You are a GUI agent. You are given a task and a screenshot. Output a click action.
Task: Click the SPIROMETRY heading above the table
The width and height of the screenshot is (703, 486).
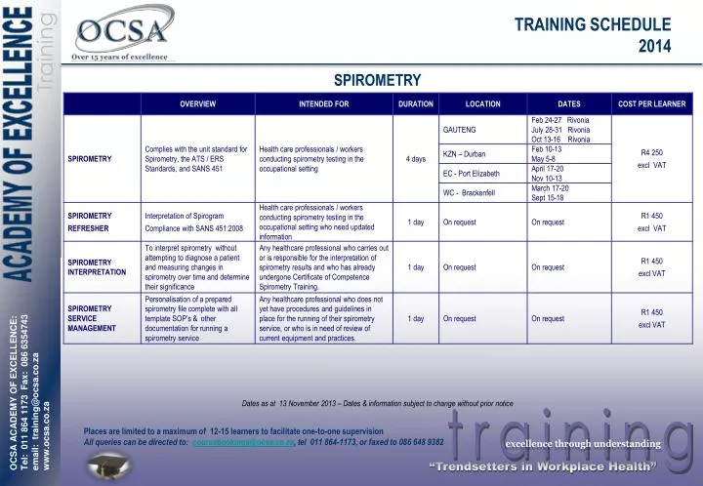coord(377,79)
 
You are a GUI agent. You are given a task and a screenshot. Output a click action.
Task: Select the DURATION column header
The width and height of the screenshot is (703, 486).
coord(415,104)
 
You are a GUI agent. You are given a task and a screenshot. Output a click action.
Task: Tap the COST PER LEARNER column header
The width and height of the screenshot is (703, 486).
coord(651,104)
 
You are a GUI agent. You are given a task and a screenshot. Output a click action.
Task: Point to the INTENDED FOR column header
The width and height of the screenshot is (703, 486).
coord(323,104)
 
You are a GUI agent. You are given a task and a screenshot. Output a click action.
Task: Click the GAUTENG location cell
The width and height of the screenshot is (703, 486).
coord(459,130)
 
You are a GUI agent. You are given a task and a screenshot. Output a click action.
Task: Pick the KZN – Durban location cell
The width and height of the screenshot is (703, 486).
coord(464,154)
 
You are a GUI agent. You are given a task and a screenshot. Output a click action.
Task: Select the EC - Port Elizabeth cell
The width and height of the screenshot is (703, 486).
coord(471,174)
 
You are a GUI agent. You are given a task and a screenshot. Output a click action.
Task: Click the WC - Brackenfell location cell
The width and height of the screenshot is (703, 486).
coord(469,192)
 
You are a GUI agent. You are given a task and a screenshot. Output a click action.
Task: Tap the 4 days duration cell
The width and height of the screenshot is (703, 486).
coord(415,159)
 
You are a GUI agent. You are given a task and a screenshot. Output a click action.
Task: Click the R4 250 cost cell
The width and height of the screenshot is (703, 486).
coord(651,153)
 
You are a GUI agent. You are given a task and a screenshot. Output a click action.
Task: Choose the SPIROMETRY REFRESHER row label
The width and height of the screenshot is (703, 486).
coord(89,222)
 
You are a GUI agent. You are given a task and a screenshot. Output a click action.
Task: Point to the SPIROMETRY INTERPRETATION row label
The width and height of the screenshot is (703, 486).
coord(97,267)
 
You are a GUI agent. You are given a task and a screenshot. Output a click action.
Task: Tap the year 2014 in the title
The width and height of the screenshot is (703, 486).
coord(654,45)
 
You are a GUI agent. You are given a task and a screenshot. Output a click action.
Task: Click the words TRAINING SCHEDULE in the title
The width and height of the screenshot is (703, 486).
coord(593,24)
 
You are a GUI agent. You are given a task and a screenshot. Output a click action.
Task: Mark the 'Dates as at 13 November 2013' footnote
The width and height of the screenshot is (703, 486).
coord(377,402)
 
